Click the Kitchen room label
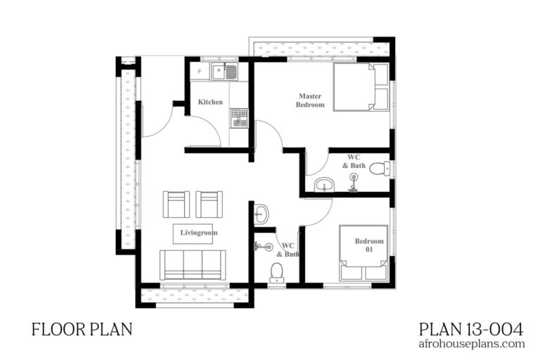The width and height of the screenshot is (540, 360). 210,102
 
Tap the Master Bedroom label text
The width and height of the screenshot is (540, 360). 311,100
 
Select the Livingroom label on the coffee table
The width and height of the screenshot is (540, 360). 199,233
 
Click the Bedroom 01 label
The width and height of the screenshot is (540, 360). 364,245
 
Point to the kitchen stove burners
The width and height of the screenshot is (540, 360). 239,117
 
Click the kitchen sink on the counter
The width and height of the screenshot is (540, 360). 226,70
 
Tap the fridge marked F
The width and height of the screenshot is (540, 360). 200,71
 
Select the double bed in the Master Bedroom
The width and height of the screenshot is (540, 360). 360,87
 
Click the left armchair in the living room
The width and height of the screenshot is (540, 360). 176,205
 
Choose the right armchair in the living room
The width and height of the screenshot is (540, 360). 209,205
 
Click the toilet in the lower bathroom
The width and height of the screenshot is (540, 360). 277,271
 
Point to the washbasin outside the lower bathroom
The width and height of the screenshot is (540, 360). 259,212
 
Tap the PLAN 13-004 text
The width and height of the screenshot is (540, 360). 470,328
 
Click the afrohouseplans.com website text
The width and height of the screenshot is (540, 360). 472,344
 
